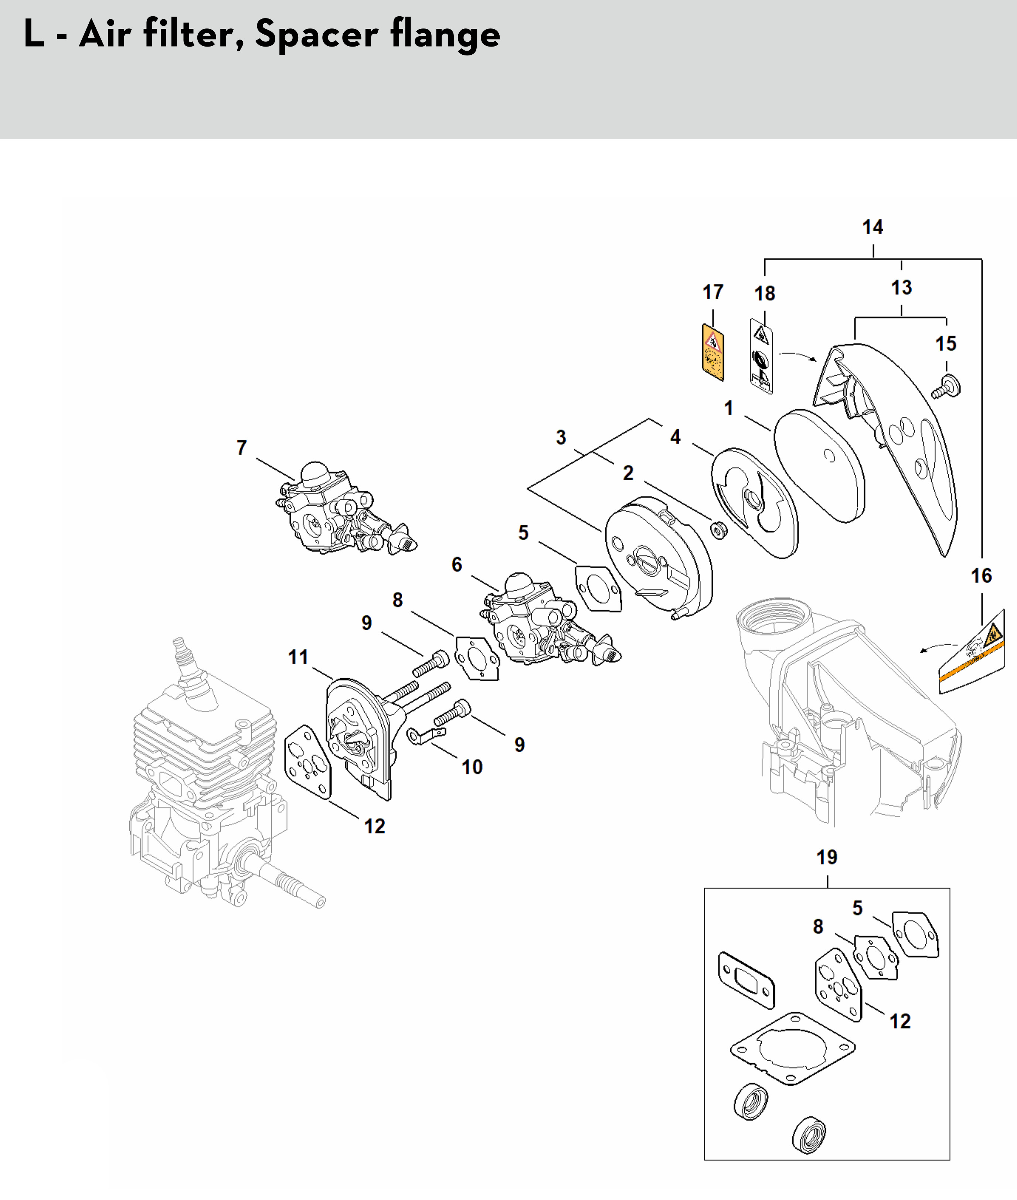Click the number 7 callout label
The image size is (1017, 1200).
pos(242,448)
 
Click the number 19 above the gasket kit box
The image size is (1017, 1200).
pos(827,857)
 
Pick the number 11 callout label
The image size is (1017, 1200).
pos(298,657)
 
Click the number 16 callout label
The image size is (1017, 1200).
pos(981,575)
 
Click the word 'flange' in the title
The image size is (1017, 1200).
pos(445,35)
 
